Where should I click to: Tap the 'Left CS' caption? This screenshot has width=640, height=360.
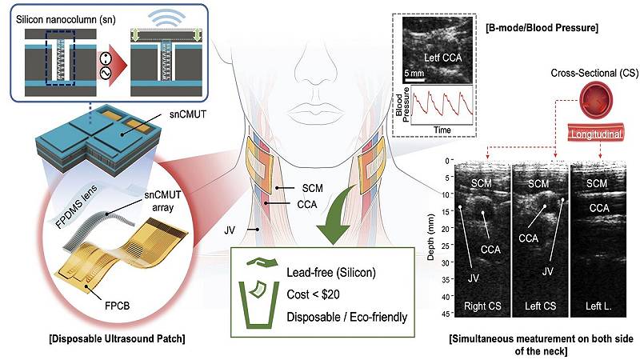click(x=537, y=306)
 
